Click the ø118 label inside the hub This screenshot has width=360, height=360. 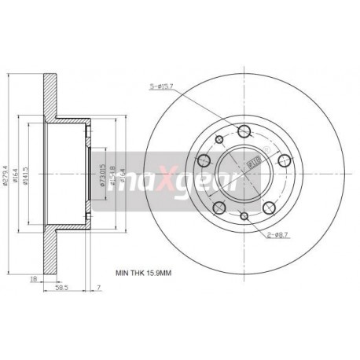tap(253, 163)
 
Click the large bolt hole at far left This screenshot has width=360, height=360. tap(206, 163)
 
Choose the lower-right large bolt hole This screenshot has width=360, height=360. tap(270, 208)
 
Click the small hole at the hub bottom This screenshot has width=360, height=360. tap(245, 217)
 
